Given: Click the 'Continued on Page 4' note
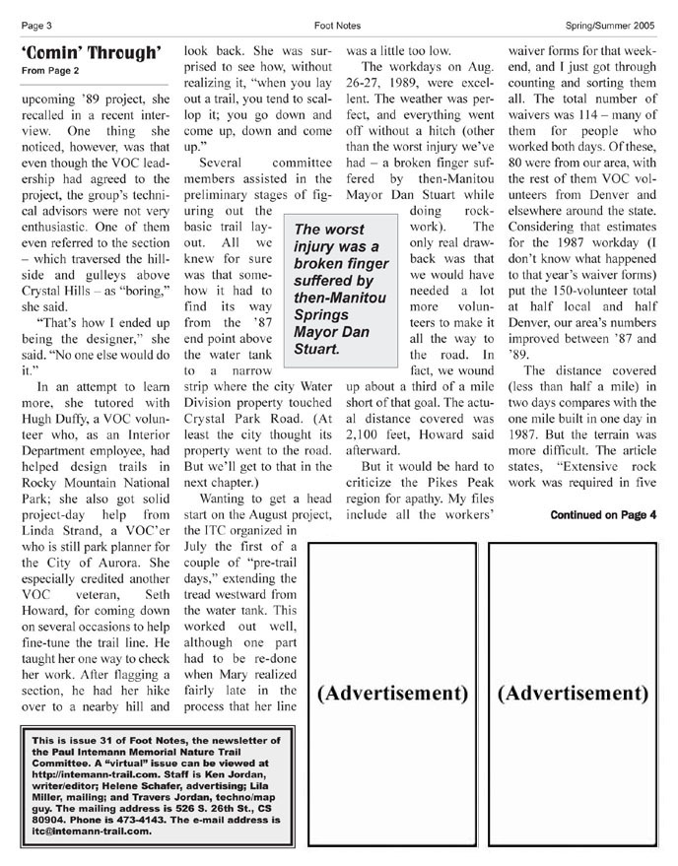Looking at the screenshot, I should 603,514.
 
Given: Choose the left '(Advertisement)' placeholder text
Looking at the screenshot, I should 392,693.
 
